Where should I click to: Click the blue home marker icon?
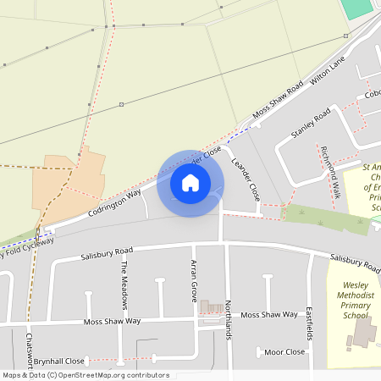tap(190, 183)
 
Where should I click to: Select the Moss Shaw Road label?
tap(278, 100)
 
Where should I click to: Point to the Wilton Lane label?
tap(329, 72)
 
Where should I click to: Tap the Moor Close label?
tap(284, 351)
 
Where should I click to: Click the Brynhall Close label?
tap(60, 360)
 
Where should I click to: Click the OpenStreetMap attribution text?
tap(85, 375)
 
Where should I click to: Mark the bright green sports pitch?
tap(357, 8)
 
